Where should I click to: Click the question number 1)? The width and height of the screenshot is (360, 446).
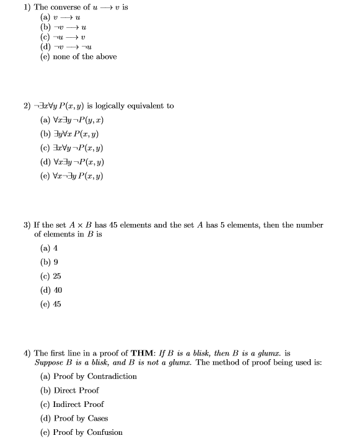point(27,7)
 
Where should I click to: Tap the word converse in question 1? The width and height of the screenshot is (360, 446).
point(64,7)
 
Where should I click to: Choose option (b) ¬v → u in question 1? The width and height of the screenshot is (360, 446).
point(63,27)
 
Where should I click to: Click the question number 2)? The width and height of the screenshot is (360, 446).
point(27,105)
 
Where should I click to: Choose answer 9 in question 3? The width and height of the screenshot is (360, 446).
point(56,261)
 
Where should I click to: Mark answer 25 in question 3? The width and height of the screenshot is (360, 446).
point(57,275)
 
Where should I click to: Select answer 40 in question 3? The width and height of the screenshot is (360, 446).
point(57,290)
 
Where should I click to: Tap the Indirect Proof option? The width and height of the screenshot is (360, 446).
point(78,404)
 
